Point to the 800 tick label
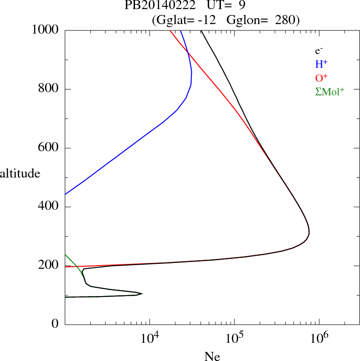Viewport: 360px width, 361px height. click(x=49, y=89)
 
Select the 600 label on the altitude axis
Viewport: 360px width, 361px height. click(x=49, y=148)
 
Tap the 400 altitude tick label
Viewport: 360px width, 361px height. click(x=49, y=207)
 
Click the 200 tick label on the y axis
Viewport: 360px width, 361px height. click(x=49, y=266)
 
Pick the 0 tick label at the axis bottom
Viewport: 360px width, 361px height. click(x=55, y=325)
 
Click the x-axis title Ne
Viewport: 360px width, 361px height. click(x=212, y=356)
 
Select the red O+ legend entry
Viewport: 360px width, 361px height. click(x=321, y=78)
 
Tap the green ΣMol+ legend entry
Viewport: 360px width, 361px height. click(x=330, y=91)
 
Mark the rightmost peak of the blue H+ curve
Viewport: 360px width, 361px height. click(x=192, y=73)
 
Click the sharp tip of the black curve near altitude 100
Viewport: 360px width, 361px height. click(x=143, y=293)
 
